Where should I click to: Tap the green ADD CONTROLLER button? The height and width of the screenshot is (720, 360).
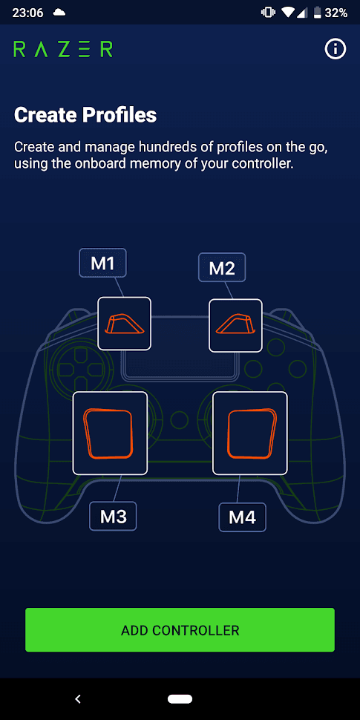tap(180, 629)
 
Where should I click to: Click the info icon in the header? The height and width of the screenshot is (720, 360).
tap(336, 49)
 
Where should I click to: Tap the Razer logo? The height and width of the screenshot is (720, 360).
tap(63, 49)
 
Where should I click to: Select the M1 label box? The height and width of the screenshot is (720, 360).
tap(102, 263)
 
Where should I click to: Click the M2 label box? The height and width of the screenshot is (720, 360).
tap(222, 267)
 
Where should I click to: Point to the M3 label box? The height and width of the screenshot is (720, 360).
tap(113, 516)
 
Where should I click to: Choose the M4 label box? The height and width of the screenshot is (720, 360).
tap(242, 517)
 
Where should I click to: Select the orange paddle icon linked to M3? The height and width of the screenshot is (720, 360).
tap(108, 433)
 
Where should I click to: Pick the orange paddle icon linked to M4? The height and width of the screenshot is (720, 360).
tap(252, 433)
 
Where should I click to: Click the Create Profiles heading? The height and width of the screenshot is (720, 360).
tap(85, 115)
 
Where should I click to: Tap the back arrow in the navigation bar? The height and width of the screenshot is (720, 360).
tap(78, 699)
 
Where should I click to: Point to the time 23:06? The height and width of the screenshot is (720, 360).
tap(27, 13)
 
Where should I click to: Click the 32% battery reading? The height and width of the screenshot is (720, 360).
tap(336, 13)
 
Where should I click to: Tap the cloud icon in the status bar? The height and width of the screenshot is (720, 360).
tap(59, 13)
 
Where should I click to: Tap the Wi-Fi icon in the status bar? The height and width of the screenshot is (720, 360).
tap(288, 13)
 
